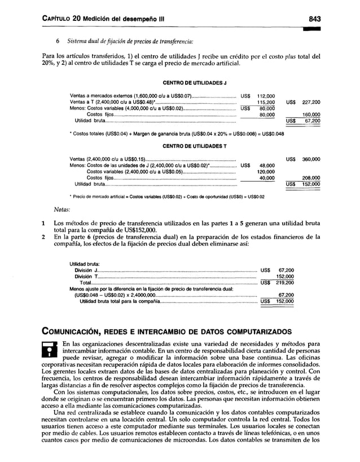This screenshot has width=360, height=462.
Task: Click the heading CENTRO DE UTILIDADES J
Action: tap(195, 83)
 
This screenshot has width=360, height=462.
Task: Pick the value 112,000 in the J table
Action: tap(265, 96)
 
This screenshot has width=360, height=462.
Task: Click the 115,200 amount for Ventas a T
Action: tap(265, 102)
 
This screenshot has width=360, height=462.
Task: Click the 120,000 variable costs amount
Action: tap(265, 171)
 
